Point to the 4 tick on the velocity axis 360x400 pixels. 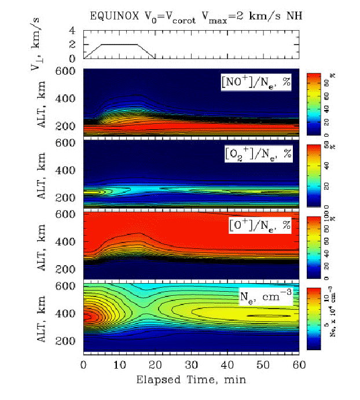pyautogui.click(x=72, y=31)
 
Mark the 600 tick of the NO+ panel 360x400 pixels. pyautogui.click(x=70, y=71)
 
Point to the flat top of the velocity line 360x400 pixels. pyautogui.click(x=120, y=45)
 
